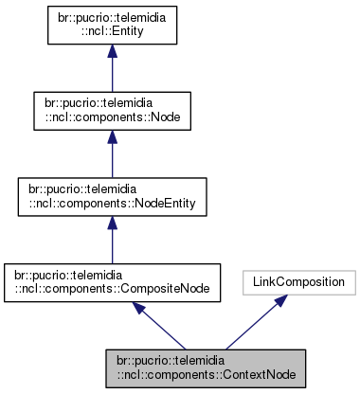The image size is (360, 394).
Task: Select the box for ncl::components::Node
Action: click(113, 110)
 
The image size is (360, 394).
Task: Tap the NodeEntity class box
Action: click(113, 195)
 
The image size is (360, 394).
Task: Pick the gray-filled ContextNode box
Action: click(207, 366)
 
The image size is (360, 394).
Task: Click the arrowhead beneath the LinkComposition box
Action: click(281, 301)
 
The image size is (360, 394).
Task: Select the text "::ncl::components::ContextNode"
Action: click(207, 373)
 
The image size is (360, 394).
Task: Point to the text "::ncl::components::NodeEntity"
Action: click(113, 202)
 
